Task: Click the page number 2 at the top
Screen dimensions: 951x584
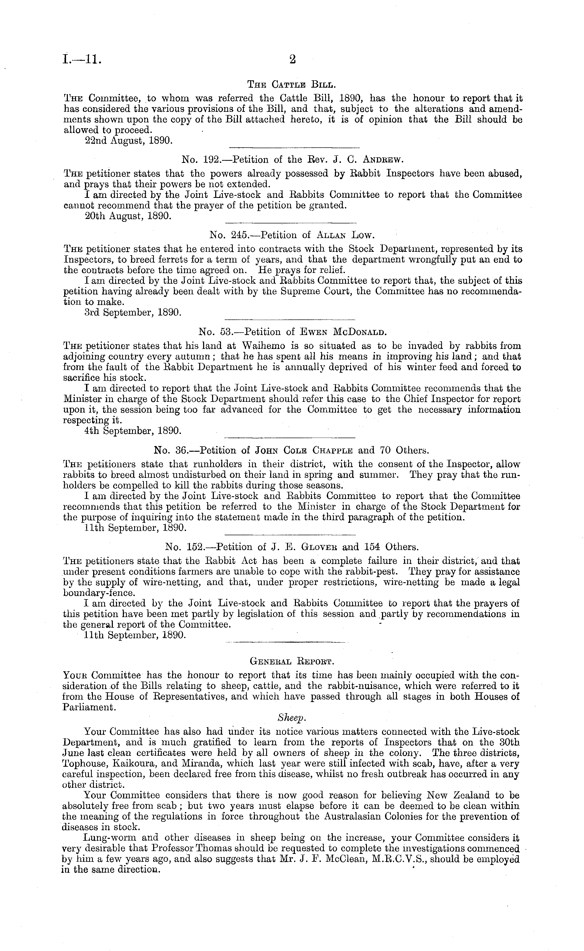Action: pyautogui.click(x=292, y=59)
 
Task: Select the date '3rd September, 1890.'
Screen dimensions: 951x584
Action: pyautogui.click(x=133, y=313)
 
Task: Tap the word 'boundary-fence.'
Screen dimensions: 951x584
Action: pyautogui.click(x=92, y=592)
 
